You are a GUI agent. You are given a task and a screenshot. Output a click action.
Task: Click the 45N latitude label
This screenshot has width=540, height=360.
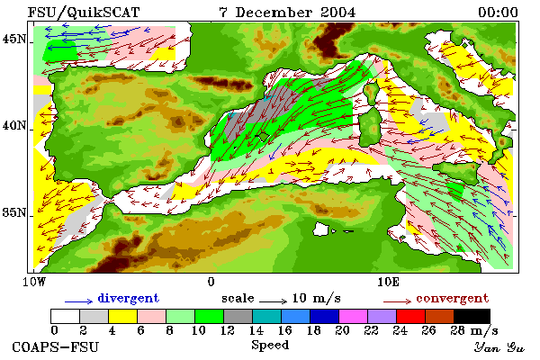tap(14, 39)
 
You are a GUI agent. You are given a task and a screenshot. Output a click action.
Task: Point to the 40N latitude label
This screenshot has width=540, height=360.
tap(14, 125)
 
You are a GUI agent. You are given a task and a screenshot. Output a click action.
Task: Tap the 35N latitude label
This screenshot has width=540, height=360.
tap(14, 212)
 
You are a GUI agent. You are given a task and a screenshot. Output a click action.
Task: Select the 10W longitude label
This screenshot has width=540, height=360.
tap(34, 282)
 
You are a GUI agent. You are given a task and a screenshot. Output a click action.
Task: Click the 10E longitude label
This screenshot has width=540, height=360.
tap(389, 282)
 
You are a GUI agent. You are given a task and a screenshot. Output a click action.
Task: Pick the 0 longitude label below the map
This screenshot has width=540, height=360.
tap(211, 282)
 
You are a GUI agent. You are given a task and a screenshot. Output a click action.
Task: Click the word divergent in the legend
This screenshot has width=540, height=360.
tap(129, 298)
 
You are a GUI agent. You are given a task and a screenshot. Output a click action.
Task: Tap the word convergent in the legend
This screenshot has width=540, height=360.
tap(453, 298)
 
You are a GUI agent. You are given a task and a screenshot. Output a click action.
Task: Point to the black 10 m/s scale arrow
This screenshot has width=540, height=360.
tap(273, 301)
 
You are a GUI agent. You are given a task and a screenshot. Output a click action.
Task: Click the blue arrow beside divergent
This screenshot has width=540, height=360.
tap(79, 301)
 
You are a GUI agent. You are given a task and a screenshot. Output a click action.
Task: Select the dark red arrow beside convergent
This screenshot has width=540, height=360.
tap(397, 301)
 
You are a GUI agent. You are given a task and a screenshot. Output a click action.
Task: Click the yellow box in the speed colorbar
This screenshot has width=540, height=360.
tap(123, 316)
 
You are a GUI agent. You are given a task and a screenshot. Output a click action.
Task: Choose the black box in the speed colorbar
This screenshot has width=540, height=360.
tap(472, 316)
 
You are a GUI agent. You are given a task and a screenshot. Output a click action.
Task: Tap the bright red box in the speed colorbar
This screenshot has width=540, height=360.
tap(411, 316)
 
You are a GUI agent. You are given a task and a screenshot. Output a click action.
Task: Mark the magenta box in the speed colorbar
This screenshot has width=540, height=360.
tap(354, 316)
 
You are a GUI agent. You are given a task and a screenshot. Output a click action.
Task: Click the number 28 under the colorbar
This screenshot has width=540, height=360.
tap(458, 330)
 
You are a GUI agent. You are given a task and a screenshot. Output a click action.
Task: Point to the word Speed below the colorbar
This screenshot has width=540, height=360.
tap(270, 346)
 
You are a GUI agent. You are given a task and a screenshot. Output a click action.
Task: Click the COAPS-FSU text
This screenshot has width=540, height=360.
tap(55, 346)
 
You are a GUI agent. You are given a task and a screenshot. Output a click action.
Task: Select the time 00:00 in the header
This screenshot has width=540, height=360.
tap(498, 13)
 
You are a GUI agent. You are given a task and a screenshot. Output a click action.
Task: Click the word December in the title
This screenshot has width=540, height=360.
tap(274, 13)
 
